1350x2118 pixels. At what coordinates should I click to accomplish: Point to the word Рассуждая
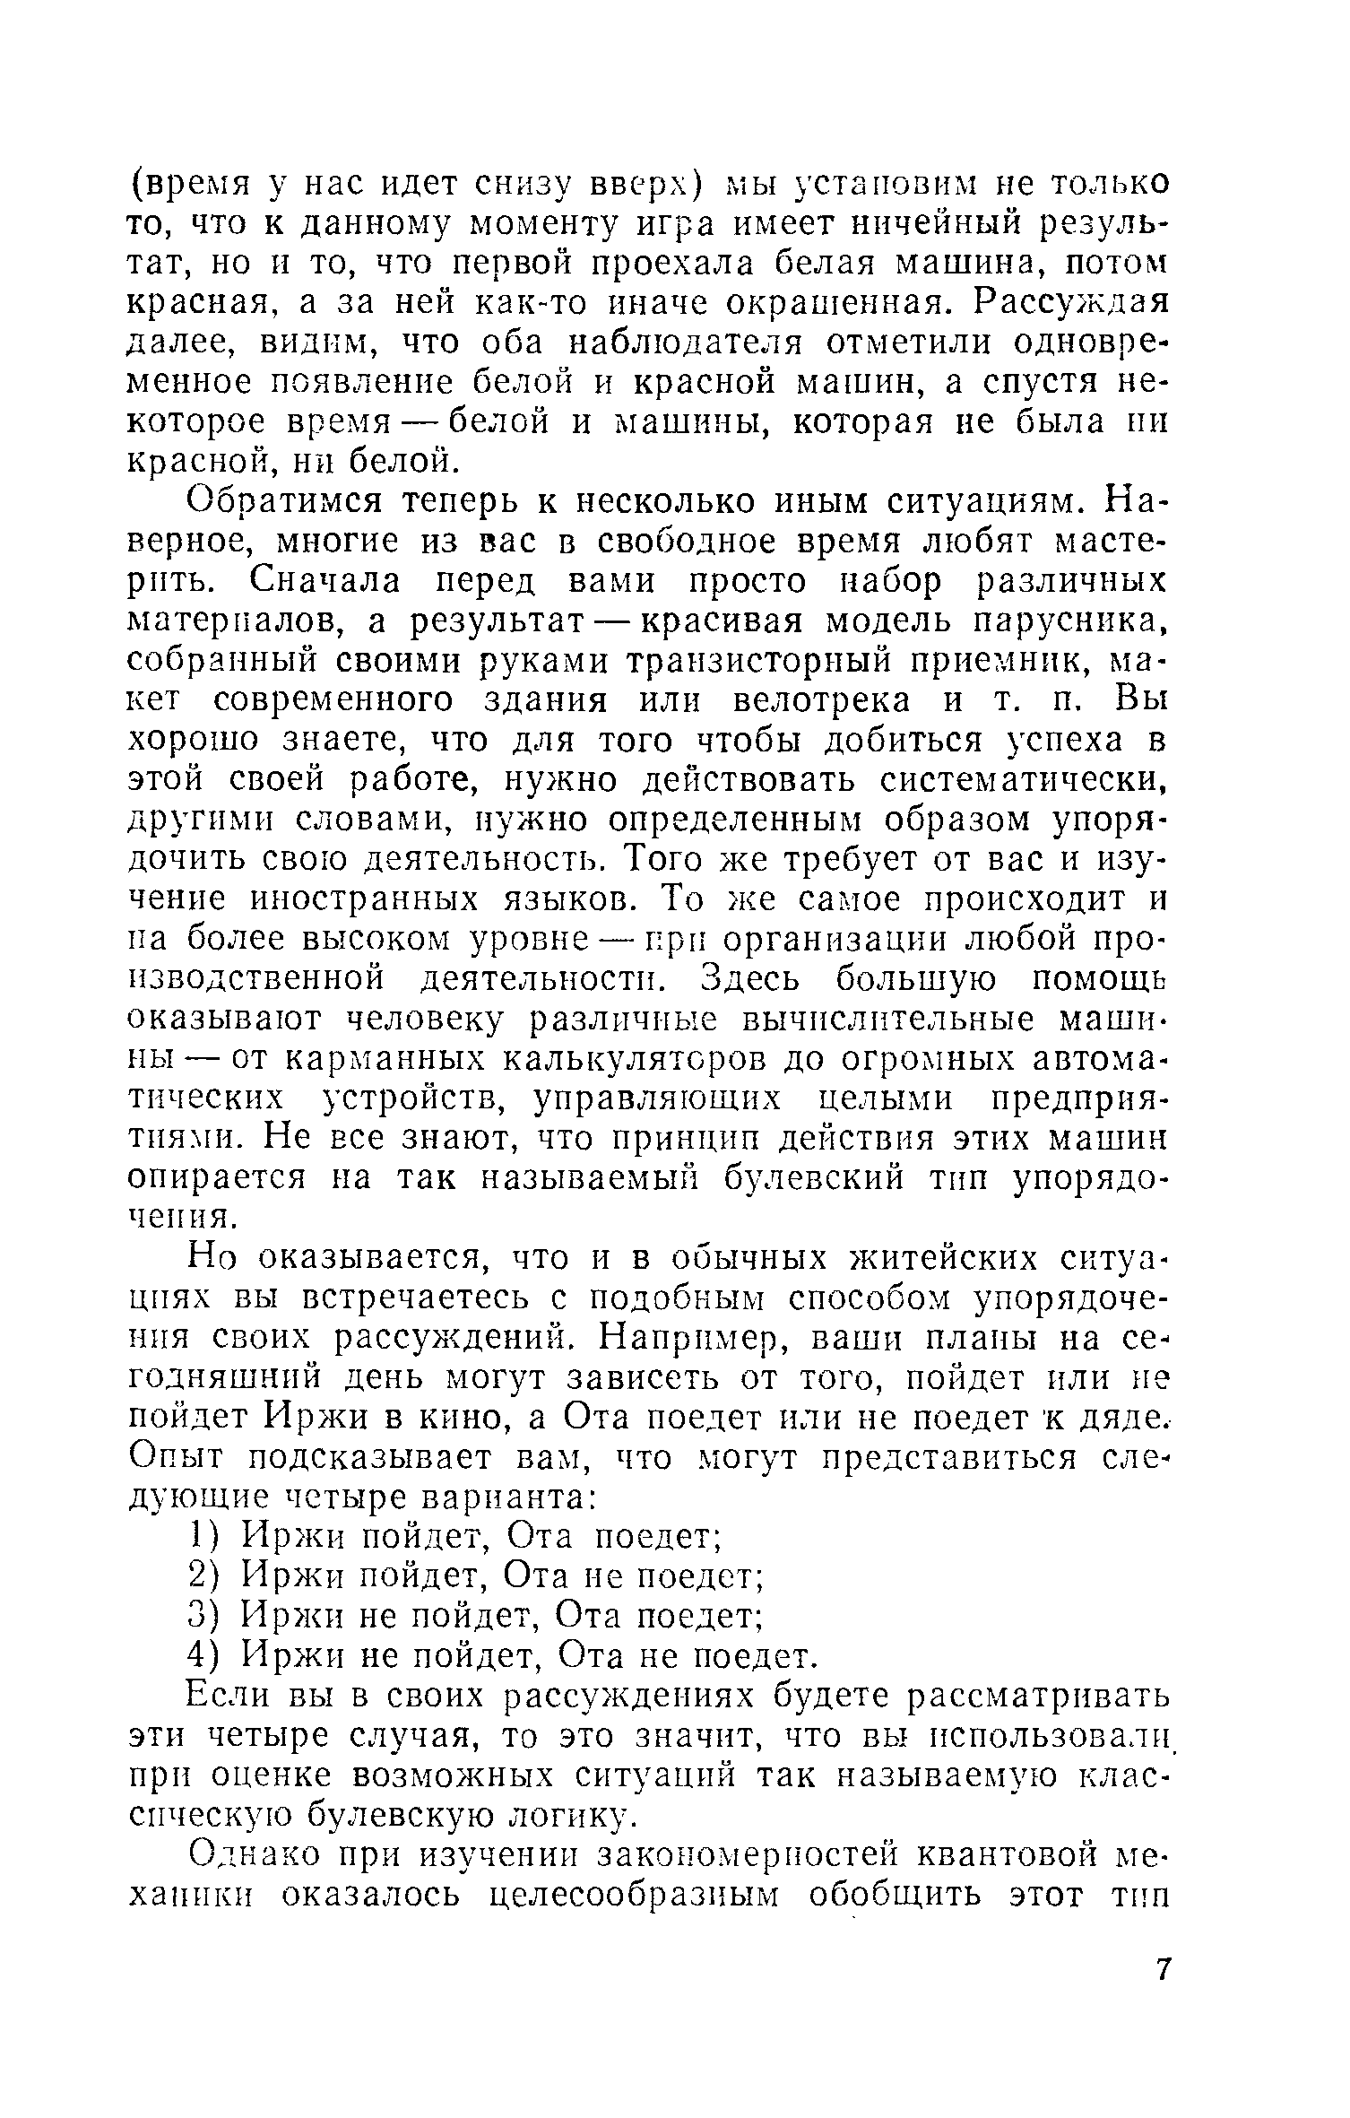[1074, 303]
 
